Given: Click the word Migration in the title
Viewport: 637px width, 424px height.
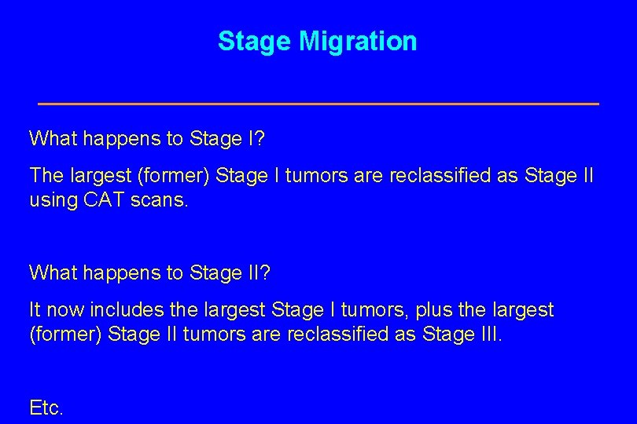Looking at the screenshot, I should tap(358, 42).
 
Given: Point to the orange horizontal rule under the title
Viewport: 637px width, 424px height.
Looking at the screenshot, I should tap(318, 104).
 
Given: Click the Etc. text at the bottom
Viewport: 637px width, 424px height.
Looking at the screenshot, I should tap(46, 408).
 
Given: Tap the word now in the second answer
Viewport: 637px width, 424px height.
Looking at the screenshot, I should tap(64, 310).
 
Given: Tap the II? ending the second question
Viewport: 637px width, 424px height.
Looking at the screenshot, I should tap(257, 272).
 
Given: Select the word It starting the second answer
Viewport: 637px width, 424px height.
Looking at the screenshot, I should tap(35, 310).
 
